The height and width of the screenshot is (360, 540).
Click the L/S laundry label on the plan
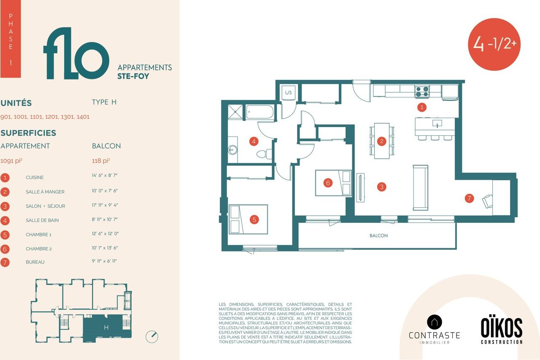point(288,92)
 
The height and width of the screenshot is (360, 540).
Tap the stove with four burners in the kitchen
point(422,92)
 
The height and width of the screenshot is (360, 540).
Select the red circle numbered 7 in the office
point(469,198)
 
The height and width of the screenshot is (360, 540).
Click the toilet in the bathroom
point(265,154)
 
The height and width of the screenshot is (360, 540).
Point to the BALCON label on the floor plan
point(379,235)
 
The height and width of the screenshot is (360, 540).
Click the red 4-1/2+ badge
point(494,44)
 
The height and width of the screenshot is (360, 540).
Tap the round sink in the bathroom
point(232,150)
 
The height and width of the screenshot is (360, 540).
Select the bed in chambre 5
point(248,219)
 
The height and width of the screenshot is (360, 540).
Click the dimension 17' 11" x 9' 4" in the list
point(105,205)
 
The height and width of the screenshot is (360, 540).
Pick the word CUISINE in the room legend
point(35,178)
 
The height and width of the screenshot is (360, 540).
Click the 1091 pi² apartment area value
point(11,161)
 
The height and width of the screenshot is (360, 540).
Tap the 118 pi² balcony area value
point(101,161)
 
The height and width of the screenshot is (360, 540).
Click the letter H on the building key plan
point(106,328)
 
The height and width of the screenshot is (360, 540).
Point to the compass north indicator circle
point(152,337)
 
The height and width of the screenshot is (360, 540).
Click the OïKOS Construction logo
point(502,330)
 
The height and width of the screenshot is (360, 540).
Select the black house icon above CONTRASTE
point(435,322)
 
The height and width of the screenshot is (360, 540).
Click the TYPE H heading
point(104,102)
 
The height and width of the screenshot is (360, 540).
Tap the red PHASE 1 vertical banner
point(11,39)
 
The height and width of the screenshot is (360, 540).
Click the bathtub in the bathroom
point(260,112)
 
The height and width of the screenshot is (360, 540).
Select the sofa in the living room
point(421,187)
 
